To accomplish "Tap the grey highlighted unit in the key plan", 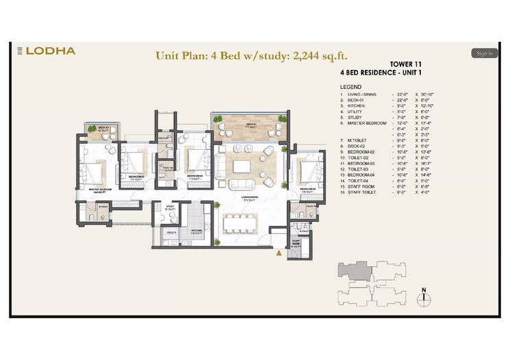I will point(355,271).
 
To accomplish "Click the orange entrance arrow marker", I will point(278,253).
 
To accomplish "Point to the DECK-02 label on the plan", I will point(103,129).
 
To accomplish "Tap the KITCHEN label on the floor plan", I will point(196,231).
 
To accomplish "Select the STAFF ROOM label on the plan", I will point(296,244).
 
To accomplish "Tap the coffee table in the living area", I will point(243,166).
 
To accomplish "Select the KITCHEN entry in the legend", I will point(356,107).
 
